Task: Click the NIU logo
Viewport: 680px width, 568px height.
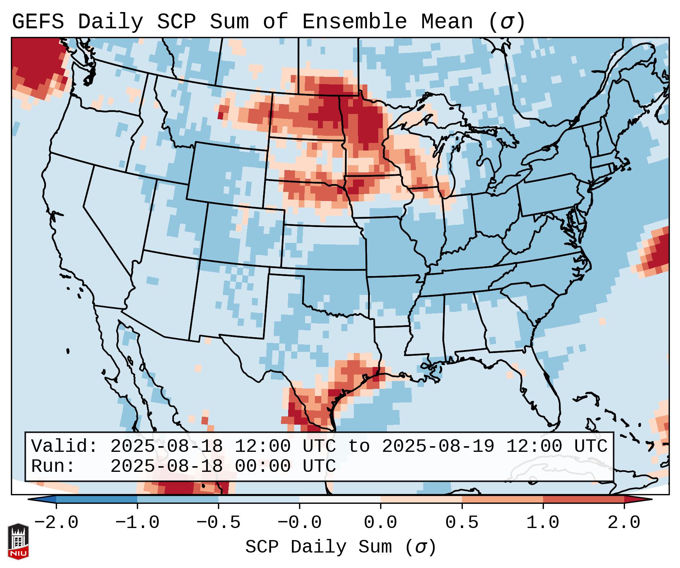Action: (18, 541)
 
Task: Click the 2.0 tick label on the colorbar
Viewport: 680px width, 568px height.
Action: (624, 523)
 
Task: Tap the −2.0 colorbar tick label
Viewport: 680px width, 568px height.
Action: (56, 523)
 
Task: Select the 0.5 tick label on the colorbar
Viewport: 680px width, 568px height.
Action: (462, 523)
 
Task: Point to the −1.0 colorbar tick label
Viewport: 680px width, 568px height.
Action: (137, 523)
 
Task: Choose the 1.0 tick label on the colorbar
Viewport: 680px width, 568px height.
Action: (543, 523)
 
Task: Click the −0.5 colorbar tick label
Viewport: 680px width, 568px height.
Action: (218, 523)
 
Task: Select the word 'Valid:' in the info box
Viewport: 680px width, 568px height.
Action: (64, 446)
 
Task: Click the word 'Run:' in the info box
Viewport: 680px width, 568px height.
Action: (53, 466)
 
